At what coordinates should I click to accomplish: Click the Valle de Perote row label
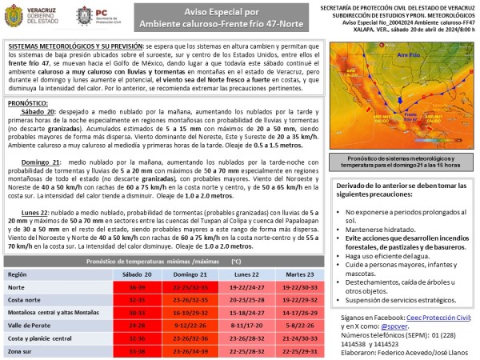tap(30, 325)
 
